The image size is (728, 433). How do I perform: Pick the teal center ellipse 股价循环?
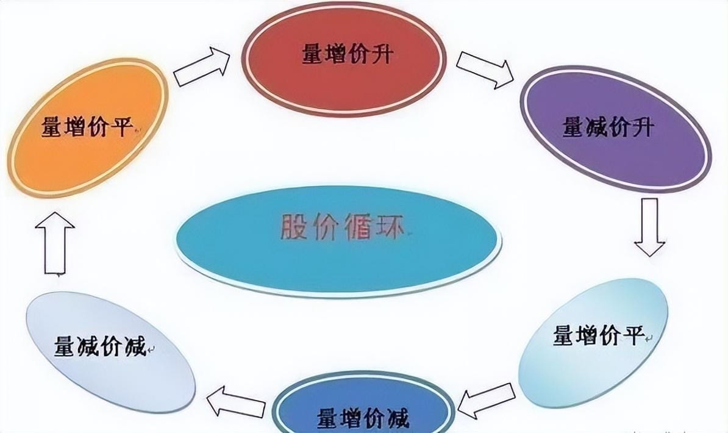pyautogui.click(x=338, y=241)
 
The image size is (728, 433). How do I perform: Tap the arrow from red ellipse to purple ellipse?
pyautogui.click(x=485, y=68)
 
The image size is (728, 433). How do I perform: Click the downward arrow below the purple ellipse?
pyautogui.click(x=649, y=226)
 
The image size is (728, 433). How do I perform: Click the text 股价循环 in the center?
pyautogui.click(x=342, y=227)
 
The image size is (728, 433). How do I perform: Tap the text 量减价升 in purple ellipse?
pyautogui.click(x=608, y=128)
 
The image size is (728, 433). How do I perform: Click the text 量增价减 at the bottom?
pyautogui.click(x=363, y=419)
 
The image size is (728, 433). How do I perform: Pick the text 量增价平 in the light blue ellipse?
pyautogui.click(x=599, y=335)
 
